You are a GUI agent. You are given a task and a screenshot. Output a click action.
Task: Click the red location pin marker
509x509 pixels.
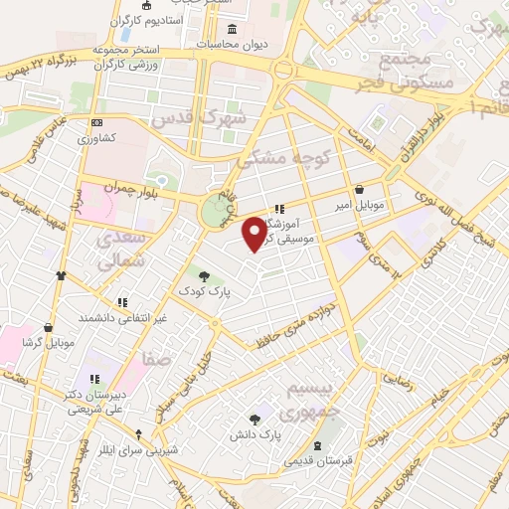[x=255, y=234]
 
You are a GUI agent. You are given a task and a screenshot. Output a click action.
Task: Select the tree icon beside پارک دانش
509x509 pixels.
[x=255, y=420]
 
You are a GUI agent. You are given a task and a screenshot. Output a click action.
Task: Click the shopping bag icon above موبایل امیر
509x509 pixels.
[x=358, y=188]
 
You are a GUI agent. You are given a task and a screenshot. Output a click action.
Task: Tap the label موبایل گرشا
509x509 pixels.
[x=48, y=343]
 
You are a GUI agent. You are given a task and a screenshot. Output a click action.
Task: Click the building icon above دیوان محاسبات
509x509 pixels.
[x=233, y=28]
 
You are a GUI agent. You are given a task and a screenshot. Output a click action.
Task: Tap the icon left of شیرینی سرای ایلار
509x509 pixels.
[x=138, y=434]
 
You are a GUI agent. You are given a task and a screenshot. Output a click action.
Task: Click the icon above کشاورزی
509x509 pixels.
[x=97, y=122]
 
